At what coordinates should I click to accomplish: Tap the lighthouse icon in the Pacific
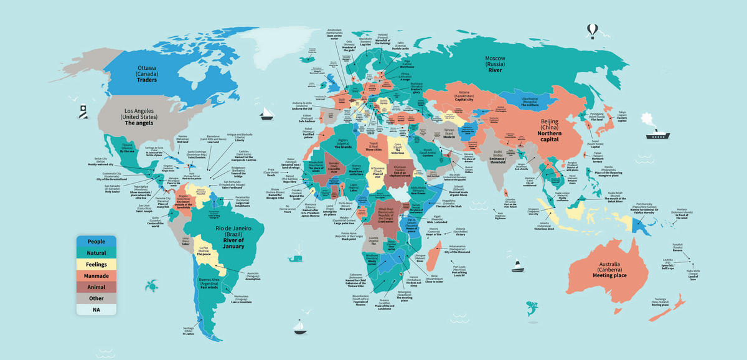click(82, 111)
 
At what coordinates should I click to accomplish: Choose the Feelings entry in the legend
click(96, 265)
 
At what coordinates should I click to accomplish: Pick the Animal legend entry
click(96, 287)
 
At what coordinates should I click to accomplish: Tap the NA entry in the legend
click(96, 310)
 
